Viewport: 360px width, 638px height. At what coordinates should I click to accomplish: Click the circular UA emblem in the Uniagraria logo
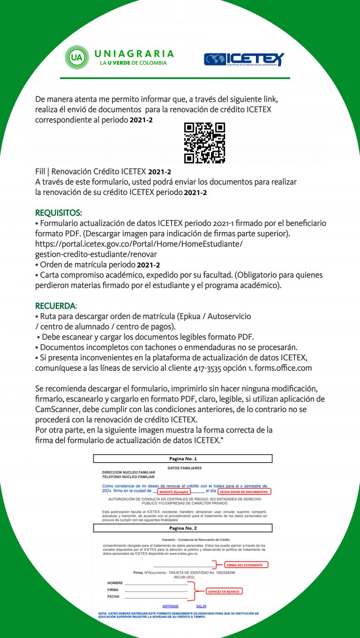[x=76, y=58]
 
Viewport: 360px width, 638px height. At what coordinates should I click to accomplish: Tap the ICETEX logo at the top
[x=244, y=60]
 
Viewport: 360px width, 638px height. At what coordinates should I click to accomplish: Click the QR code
[x=204, y=143]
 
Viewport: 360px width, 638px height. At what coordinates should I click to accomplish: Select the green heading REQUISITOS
[x=59, y=214]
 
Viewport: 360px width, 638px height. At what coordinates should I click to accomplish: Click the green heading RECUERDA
[x=55, y=306]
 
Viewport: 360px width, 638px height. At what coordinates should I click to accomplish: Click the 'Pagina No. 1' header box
[x=183, y=458]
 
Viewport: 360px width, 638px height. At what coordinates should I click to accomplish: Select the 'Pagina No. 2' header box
[x=183, y=528]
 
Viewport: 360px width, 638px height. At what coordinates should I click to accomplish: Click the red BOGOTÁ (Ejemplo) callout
[x=173, y=492]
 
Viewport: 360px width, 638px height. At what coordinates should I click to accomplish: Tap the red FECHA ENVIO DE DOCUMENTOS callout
[x=244, y=492]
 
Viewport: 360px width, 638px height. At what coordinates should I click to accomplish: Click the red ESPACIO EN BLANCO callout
[x=223, y=592]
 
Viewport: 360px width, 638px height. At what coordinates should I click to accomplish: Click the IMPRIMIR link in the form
[x=170, y=606]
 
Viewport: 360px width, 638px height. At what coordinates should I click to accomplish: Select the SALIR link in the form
[x=201, y=606]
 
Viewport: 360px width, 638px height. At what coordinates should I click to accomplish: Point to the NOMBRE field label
[x=115, y=583]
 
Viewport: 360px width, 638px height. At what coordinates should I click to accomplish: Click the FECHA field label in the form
[x=113, y=597]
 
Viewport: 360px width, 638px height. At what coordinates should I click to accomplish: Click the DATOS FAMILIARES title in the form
[x=184, y=468]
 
